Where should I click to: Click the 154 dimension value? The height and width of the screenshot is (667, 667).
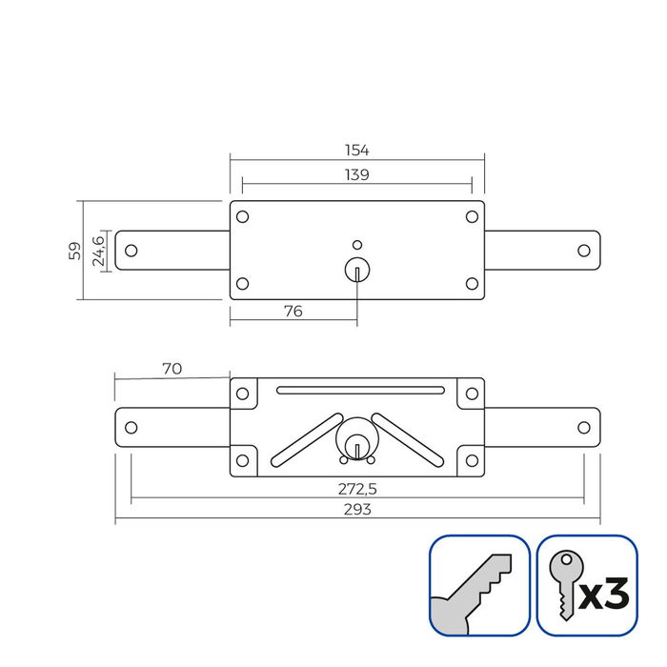pyautogui.click(x=356, y=151)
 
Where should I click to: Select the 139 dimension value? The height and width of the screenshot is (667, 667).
pyautogui.click(x=356, y=174)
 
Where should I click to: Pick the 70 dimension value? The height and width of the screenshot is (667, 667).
pyautogui.click(x=172, y=368)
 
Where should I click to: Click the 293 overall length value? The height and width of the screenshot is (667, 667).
pyautogui.click(x=356, y=510)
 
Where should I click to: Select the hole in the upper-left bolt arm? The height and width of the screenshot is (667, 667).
pyautogui.click(x=131, y=251)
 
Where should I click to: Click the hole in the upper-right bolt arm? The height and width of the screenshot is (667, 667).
pyautogui.click(x=583, y=251)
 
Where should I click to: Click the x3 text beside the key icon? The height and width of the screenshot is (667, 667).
pyautogui.click(x=604, y=596)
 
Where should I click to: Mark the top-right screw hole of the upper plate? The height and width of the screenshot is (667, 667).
pyautogui.click(x=472, y=216)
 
